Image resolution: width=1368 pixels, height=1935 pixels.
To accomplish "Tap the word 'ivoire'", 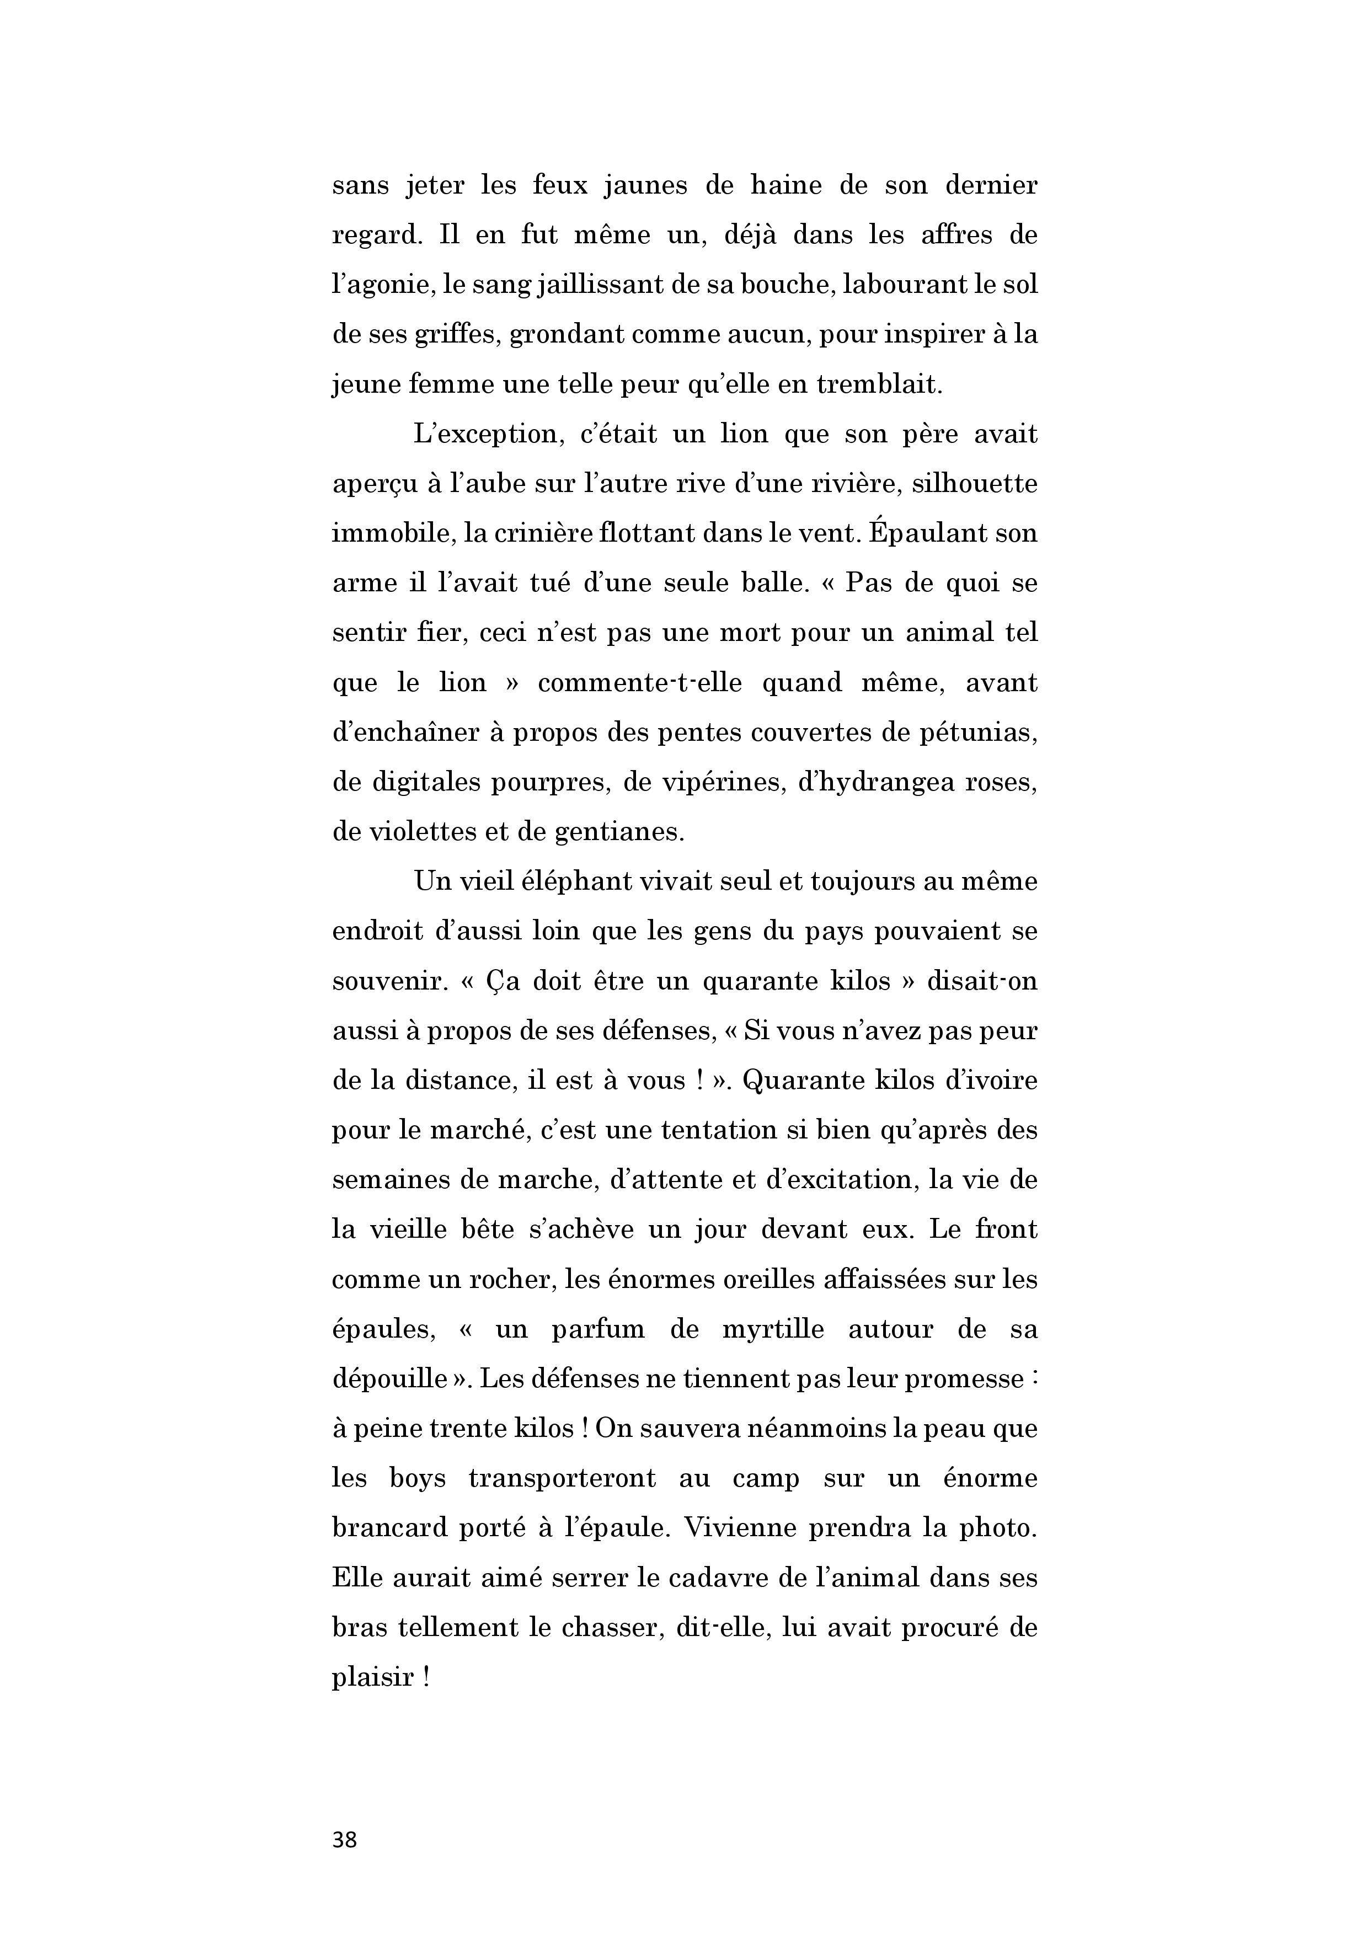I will (1000, 1081).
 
